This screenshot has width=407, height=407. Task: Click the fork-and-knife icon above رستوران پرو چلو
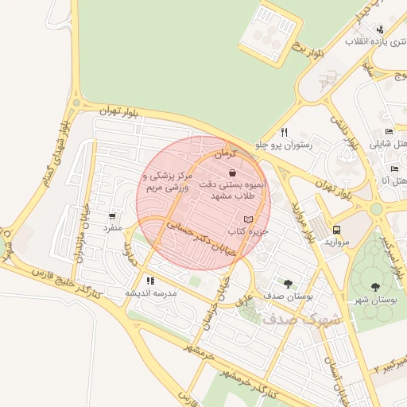tap(284, 132)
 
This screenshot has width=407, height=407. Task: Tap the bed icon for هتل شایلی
tap(389, 132)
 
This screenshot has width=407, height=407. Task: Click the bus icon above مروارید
tap(337, 230)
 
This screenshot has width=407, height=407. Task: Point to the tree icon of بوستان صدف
tap(288, 283)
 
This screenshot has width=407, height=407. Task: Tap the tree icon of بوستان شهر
tap(375, 287)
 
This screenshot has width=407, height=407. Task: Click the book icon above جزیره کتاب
tap(248, 219)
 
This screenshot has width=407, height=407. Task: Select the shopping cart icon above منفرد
tap(112, 215)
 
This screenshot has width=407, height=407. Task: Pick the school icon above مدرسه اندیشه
tap(149, 281)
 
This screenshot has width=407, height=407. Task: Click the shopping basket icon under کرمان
tap(231, 172)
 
